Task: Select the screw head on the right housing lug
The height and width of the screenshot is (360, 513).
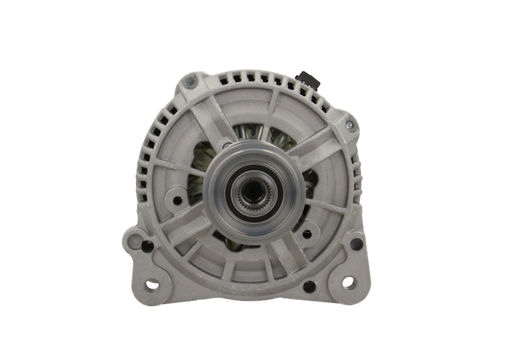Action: pos(349,124)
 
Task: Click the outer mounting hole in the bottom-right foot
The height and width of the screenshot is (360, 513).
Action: pos(348,281)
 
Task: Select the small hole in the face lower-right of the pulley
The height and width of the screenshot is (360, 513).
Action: pos(306,234)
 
